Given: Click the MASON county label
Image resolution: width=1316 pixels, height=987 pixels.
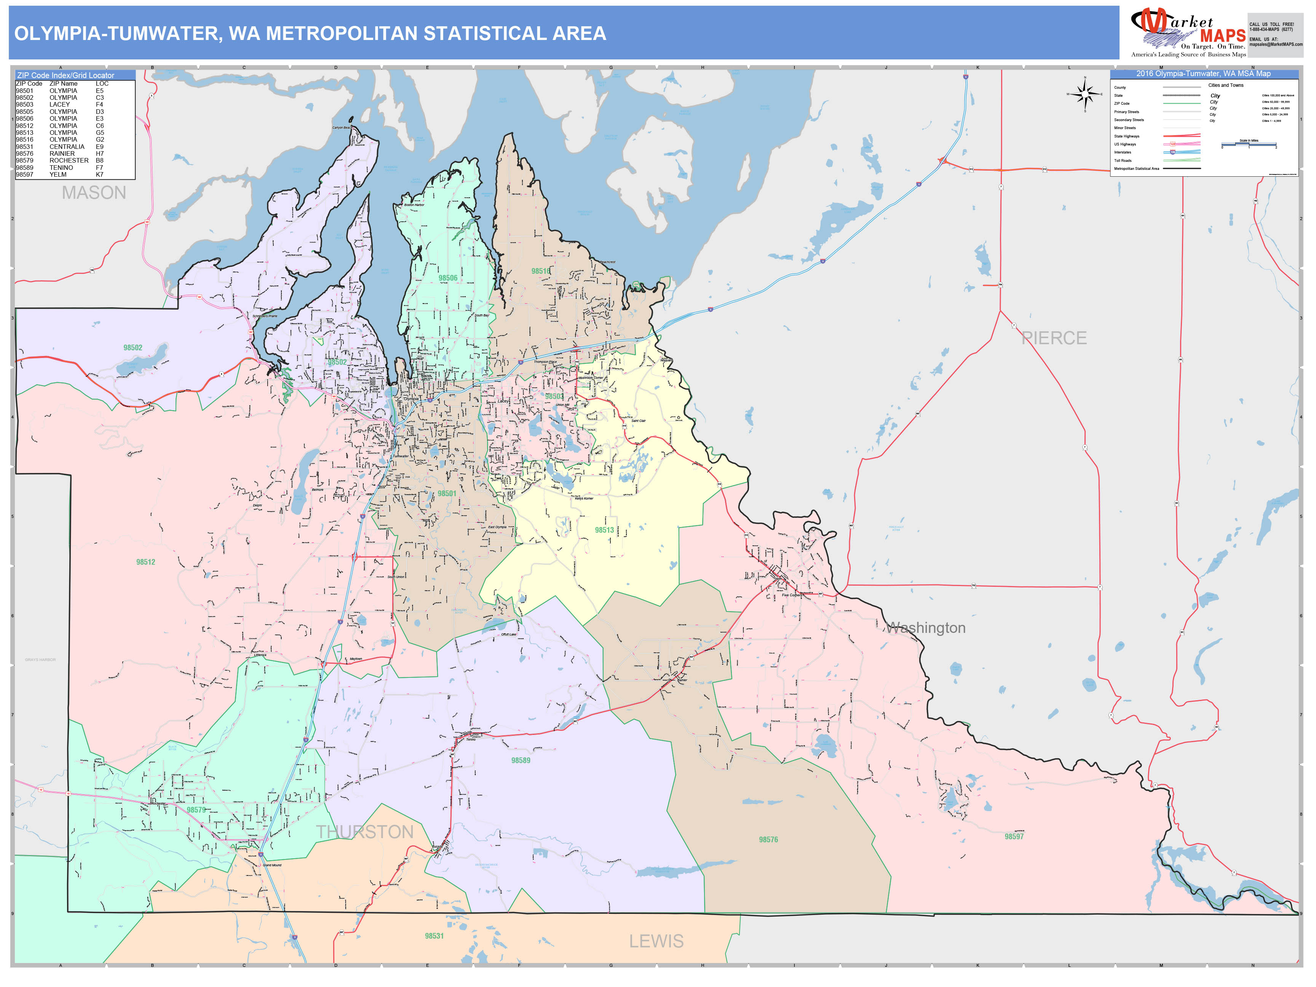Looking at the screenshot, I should click(94, 193).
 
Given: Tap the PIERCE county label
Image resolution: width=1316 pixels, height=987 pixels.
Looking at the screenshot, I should click(1054, 338).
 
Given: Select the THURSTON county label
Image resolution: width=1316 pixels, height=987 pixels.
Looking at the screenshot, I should click(365, 832).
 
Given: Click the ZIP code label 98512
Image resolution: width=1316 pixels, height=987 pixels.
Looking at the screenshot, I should click(146, 562).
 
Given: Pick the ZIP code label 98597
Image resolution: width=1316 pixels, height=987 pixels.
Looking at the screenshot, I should click(1014, 837).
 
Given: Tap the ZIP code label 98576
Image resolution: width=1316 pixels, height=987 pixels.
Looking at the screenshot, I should click(768, 840).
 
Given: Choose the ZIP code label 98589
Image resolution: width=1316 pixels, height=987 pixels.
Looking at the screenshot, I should click(521, 760).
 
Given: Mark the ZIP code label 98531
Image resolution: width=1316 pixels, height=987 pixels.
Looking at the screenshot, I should click(434, 936).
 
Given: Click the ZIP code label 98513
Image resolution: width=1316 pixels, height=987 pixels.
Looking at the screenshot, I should click(604, 530).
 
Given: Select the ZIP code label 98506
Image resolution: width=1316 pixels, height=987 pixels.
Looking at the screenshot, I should click(448, 278).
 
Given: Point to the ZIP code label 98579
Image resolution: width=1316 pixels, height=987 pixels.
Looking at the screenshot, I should click(196, 810).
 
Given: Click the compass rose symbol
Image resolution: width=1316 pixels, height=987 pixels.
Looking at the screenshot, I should click(1084, 94).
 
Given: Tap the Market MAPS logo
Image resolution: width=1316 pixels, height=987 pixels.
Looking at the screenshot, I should click(1188, 33).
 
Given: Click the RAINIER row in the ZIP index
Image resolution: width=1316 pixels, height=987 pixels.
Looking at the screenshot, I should click(59, 153).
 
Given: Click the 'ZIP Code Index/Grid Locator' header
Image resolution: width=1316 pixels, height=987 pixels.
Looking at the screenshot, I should click(65, 75).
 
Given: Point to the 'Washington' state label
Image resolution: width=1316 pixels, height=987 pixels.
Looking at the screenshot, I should click(926, 628).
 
